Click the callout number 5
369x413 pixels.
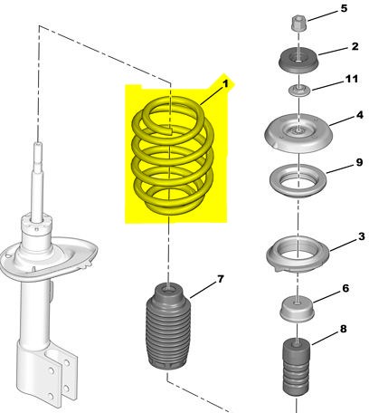344,8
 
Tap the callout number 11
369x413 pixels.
352,79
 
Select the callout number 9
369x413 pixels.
359,162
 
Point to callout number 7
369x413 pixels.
221,279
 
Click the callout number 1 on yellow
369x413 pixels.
225,84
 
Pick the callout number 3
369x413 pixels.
362,236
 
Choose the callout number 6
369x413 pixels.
345,288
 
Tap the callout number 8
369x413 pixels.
344,329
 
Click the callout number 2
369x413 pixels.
355,46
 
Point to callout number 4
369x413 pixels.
360,115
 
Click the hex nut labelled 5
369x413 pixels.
298,24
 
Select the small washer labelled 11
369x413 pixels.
298,91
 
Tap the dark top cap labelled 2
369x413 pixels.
298,61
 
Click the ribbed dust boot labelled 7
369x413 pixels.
168,327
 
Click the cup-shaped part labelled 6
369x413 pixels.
297,310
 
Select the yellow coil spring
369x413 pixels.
173,156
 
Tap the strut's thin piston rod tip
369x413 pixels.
38,145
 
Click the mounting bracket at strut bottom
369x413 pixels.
48,374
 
